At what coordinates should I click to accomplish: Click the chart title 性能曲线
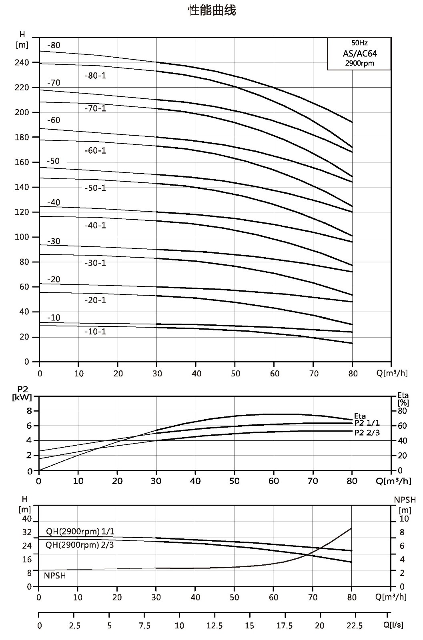(212, 10)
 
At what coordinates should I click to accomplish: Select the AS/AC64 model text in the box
(359, 53)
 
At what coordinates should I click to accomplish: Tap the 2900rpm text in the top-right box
(359, 63)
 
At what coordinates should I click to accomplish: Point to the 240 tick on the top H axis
(22, 62)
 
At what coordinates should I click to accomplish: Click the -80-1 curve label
(95, 76)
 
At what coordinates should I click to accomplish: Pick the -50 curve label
(53, 161)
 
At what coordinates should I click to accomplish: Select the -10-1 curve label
(95, 332)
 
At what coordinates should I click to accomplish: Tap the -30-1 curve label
(95, 263)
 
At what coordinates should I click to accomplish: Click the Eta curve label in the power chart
(360, 416)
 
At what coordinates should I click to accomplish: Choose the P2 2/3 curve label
(367, 432)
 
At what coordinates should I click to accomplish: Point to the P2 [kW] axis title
(22, 393)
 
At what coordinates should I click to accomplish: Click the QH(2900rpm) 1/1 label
(80, 531)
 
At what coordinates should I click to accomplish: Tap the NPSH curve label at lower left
(54, 576)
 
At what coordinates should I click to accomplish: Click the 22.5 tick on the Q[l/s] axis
(355, 626)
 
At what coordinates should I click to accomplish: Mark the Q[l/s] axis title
(393, 625)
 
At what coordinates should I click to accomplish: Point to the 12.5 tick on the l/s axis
(215, 626)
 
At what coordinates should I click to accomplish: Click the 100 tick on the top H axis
(22, 237)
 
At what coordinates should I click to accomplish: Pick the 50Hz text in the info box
(359, 43)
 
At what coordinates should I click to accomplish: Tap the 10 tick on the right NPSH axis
(404, 518)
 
